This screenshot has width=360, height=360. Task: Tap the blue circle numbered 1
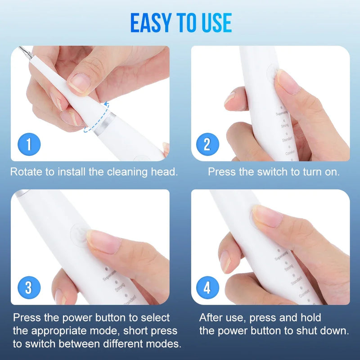(29, 145)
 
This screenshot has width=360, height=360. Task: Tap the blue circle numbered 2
(207, 145)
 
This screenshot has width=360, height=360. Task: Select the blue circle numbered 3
(29, 288)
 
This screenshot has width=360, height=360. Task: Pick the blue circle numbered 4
(207, 288)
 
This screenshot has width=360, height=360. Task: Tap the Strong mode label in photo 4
(289, 269)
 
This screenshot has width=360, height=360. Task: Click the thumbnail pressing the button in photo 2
(286, 80)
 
